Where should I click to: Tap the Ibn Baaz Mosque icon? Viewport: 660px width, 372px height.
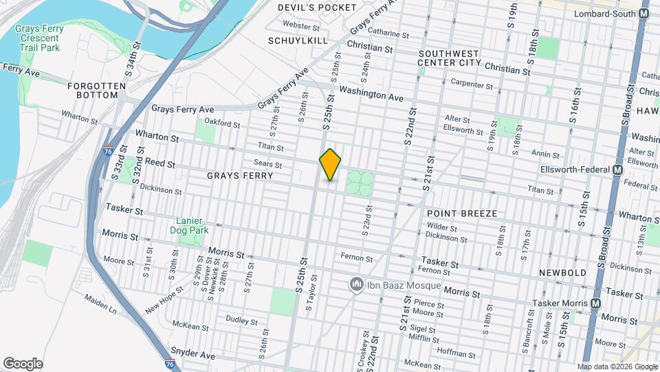[x=356, y=284]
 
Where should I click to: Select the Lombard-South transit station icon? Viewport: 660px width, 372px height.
[x=644, y=13]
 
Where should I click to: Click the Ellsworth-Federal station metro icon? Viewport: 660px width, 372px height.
[x=617, y=170]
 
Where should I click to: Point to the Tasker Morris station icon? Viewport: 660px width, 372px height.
[x=595, y=304]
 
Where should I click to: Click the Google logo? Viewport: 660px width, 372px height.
[x=23, y=364]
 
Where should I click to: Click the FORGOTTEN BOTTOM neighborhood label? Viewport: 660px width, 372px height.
[x=97, y=90]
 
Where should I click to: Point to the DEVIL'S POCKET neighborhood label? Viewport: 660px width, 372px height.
[x=317, y=8]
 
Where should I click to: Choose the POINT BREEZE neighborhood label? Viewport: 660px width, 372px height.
[x=461, y=214]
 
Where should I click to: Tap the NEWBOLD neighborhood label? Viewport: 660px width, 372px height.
[x=562, y=273]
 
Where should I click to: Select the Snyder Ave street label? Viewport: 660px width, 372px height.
[x=194, y=354]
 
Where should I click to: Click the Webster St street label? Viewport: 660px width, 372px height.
[x=302, y=27]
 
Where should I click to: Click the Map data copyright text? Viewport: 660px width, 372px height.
[x=617, y=366]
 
